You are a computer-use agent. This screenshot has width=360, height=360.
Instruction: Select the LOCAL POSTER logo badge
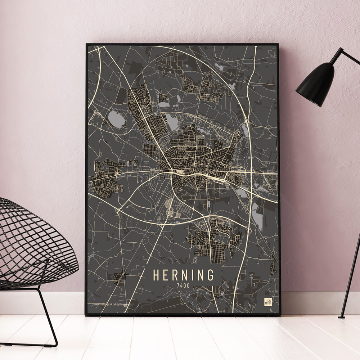pyautogui.click(x=268, y=302)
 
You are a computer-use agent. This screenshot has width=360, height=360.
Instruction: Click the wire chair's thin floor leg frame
pyautogui.click(x=47, y=317)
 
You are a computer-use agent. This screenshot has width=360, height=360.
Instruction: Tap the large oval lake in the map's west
pyautogui.click(x=116, y=118)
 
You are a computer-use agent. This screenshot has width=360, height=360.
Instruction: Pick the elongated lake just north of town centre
pyautogui.click(x=172, y=122)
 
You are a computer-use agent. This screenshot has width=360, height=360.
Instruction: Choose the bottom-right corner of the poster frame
pyautogui.click(x=279, y=315)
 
